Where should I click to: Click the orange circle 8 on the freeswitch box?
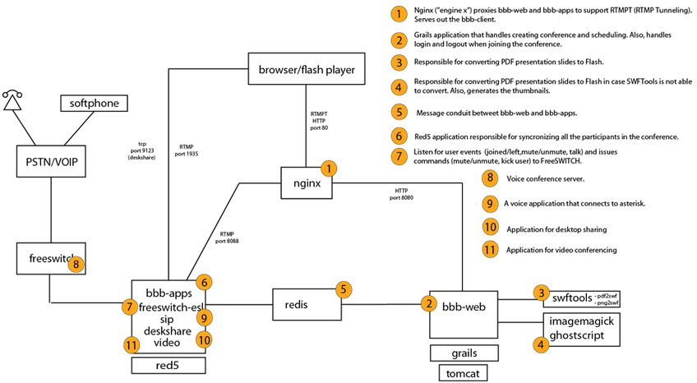pyautogui.click(x=76, y=264)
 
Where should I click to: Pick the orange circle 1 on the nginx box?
pyautogui.click(x=330, y=169)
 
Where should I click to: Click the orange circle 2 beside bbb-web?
pyautogui.click(x=427, y=303)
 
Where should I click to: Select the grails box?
pyautogui.click(x=464, y=353)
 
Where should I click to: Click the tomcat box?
pyautogui.click(x=464, y=372)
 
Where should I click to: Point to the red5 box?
pyautogui.click(x=168, y=365)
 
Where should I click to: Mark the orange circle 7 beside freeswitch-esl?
pyautogui.click(x=128, y=307)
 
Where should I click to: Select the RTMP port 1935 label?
pyautogui.click(x=187, y=150)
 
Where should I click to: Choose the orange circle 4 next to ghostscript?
pyautogui.click(x=540, y=346)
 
